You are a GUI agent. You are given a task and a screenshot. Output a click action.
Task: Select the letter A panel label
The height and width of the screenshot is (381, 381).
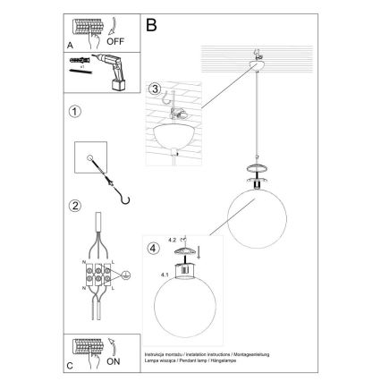pyautogui.click(x=70, y=42)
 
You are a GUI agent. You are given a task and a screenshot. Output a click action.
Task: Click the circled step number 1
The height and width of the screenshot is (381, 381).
pyautogui.click(x=76, y=114)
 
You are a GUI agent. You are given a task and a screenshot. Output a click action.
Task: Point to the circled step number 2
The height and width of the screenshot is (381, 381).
pyautogui.click(x=76, y=203)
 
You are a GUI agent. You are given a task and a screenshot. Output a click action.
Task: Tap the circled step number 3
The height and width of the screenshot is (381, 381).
pyautogui.click(x=155, y=89)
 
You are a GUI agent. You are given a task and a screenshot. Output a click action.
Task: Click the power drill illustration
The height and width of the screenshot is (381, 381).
pyautogui.click(x=112, y=72)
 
